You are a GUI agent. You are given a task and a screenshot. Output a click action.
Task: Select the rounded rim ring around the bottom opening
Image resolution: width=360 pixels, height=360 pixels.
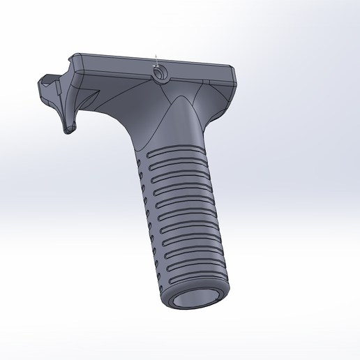pyautogui.click(x=174, y=302)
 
